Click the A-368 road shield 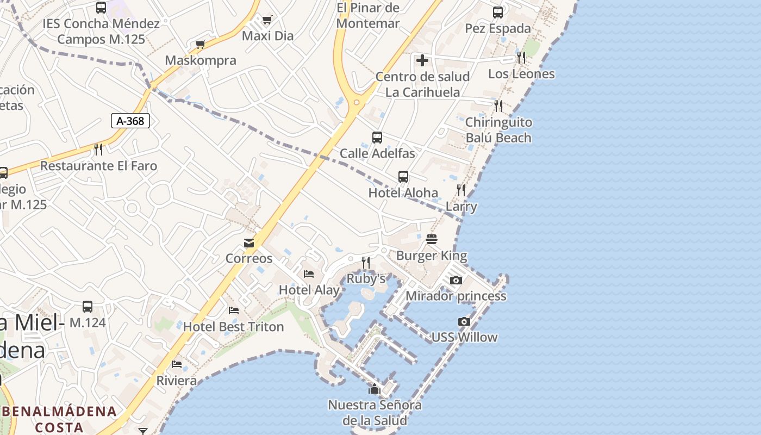point(130,121)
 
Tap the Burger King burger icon point(432,239)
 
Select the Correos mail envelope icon point(249,243)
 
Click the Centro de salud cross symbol point(422,60)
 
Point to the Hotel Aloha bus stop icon point(403,177)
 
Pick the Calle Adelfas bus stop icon point(377,138)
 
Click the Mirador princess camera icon point(456,281)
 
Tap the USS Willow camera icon point(464,321)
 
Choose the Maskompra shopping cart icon point(201,44)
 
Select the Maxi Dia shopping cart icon point(267,20)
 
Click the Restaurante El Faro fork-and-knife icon point(98,150)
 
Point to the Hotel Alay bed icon point(309,274)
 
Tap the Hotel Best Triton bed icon point(234,310)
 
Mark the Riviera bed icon point(177,364)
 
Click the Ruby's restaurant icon point(366,263)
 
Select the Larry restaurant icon point(461,190)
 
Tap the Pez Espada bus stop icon point(498,12)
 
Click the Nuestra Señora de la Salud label point(375,413)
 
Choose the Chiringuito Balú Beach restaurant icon point(498,105)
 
